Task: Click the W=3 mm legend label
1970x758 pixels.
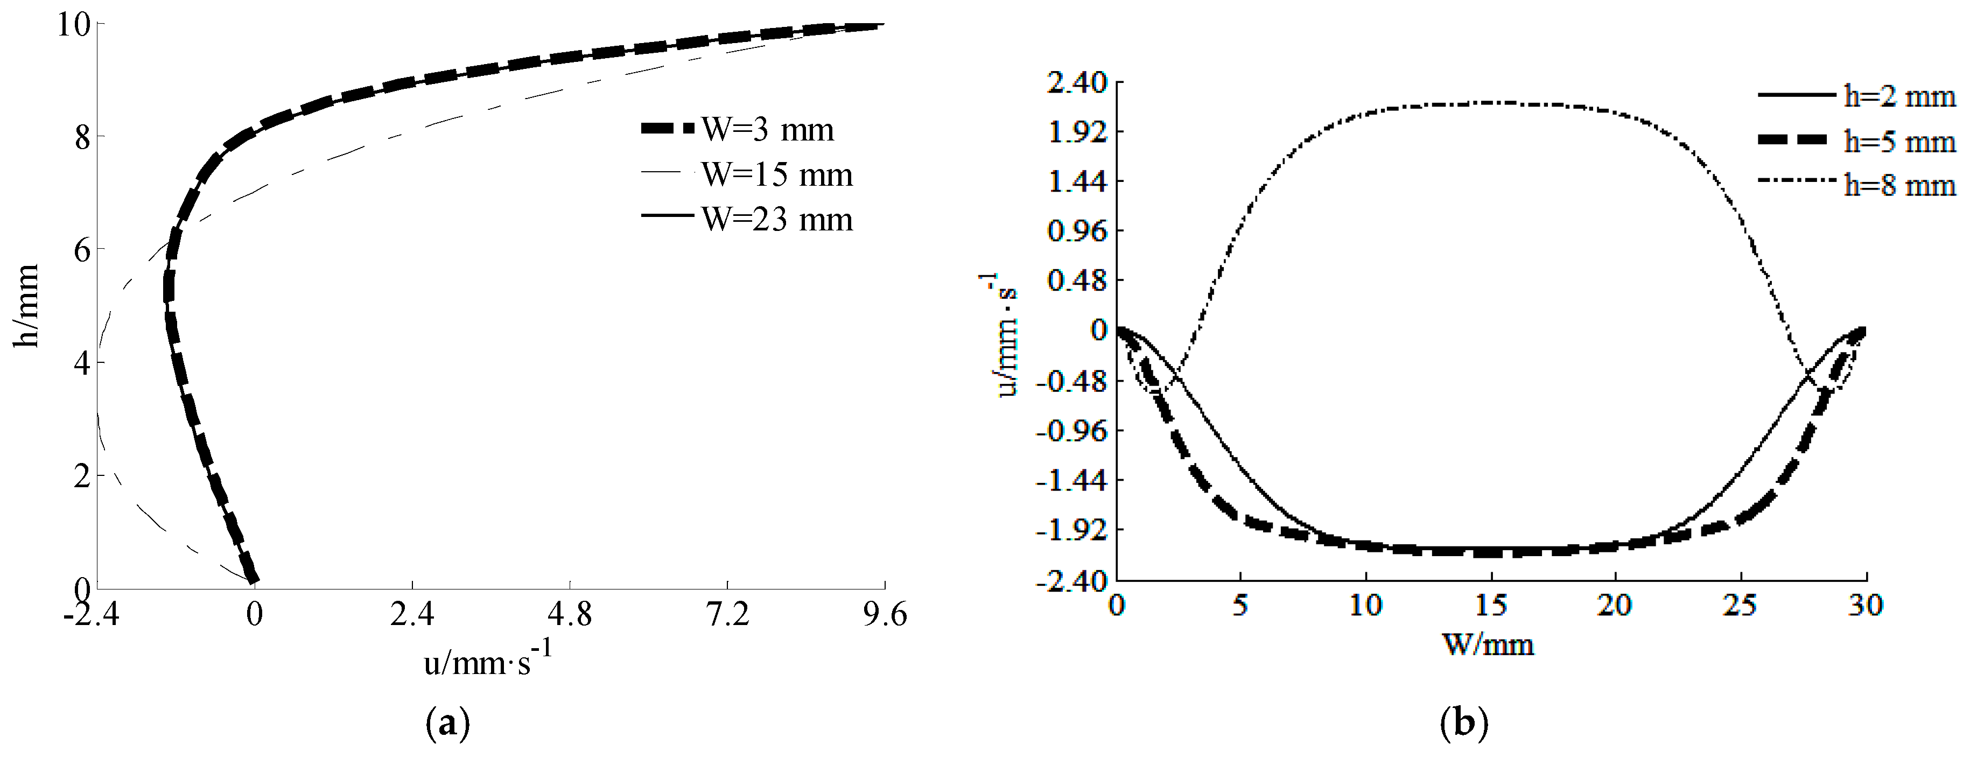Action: (x=767, y=130)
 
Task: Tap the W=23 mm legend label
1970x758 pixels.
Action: (x=776, y=220)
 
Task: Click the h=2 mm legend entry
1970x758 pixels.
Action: (x=1899, y=96)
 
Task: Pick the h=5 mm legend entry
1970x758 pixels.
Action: (x=1899, y=142)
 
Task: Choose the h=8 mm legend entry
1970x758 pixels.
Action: (x=1899, y=185)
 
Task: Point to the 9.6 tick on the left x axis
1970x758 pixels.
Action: (x=885, y=614)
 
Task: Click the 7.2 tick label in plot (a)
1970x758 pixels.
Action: (x=727, y=614)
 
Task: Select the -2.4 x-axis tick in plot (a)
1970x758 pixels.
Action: (x=91, y=614)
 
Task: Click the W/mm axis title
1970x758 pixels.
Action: (x=1488, y=645)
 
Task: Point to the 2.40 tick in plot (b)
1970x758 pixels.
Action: (x=1077, y=82)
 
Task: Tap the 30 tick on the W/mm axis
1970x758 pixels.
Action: (x=1865, y=606)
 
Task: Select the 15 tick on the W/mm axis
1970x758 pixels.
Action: (x=1490, y=606)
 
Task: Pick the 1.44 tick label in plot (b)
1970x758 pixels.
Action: (x=1077, y=182)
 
